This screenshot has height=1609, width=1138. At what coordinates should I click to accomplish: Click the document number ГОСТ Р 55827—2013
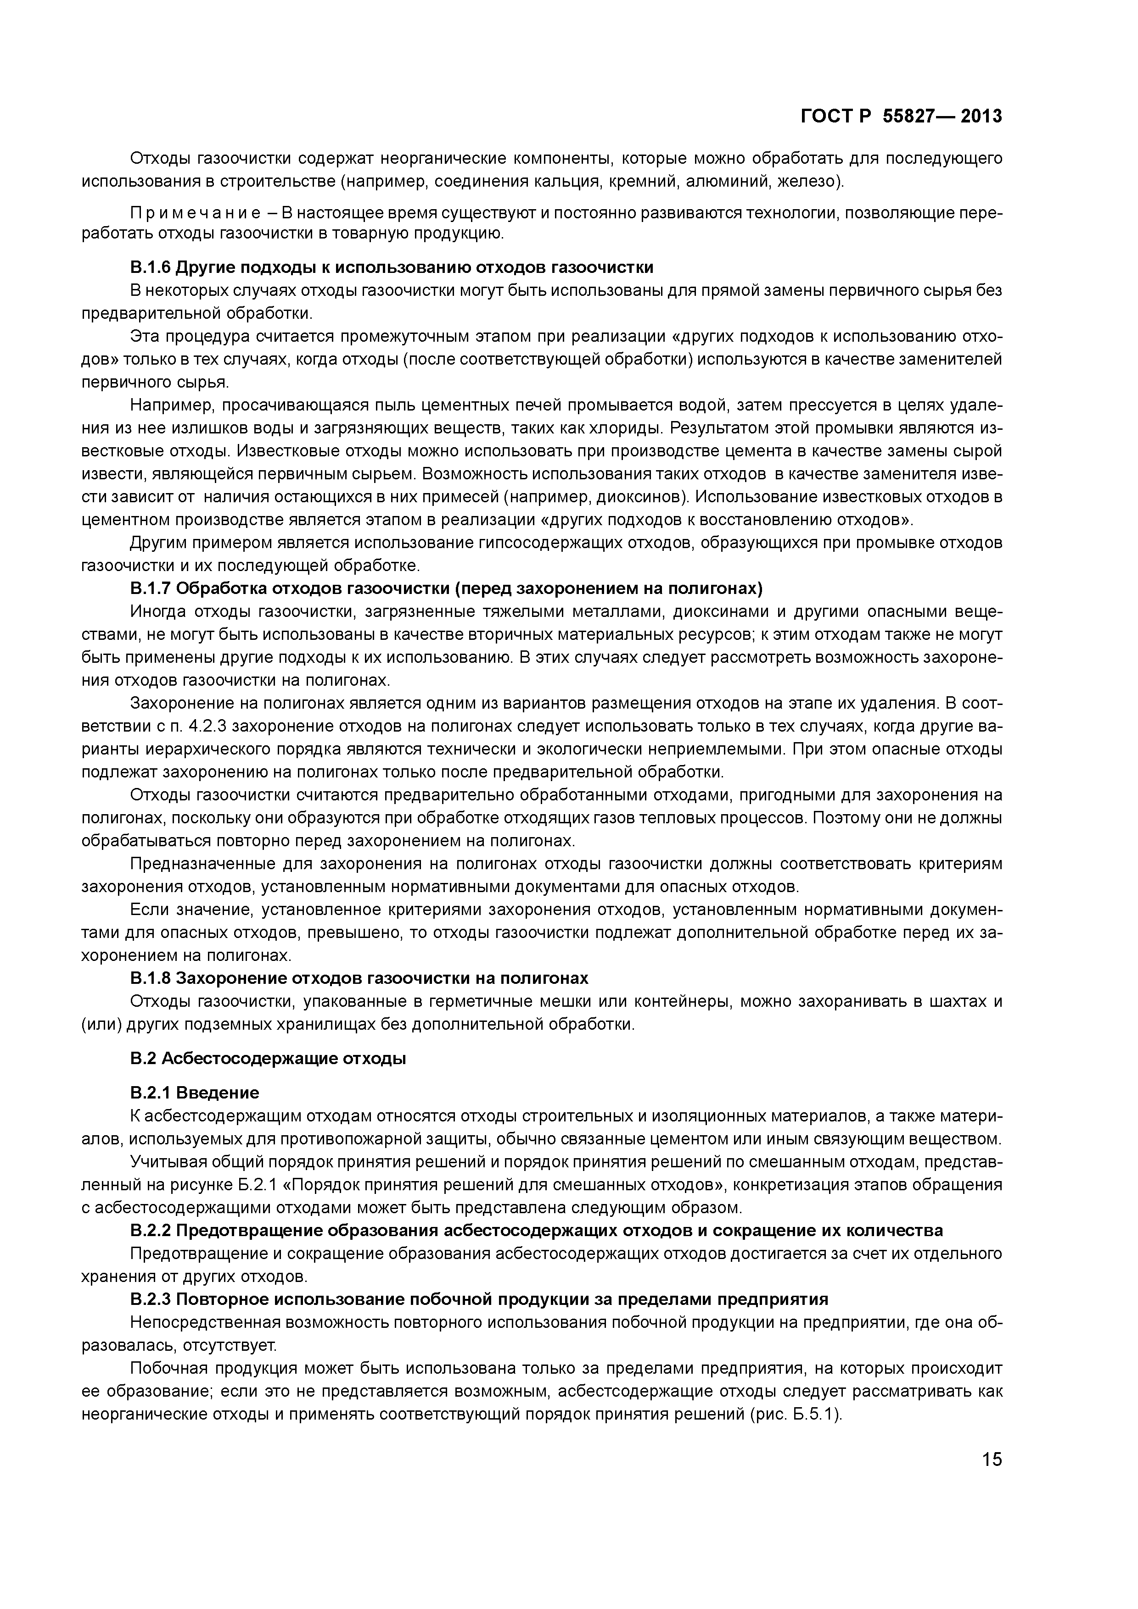point(901,117)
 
